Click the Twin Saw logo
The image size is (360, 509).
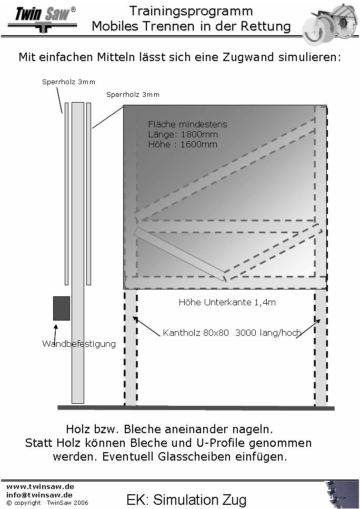click(x=43, y=19)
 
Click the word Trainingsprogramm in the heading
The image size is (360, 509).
click(x=191, y=12)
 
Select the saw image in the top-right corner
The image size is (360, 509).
click(x=329, y=23)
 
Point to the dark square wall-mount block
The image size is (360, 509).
click(x=62, y=308)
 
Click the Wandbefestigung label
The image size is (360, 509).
click(x=79, y=344)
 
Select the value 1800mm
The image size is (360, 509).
click(x=199, y=134)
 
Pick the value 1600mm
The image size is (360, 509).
click(x=198, y=144)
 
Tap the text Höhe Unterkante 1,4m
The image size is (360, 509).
click(x=227, y=302)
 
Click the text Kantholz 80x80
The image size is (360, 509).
click(x=196, y=333)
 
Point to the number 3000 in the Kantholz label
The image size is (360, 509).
click(x=245, y=333)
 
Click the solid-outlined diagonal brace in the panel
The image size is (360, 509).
click(x=180, y=254)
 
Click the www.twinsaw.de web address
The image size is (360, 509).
click(x=40, y=486)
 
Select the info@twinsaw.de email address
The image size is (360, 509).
click(x=39, y=495)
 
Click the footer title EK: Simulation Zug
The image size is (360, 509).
click(x=186, y=500)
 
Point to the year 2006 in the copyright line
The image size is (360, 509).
click(x=81, y=503)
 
